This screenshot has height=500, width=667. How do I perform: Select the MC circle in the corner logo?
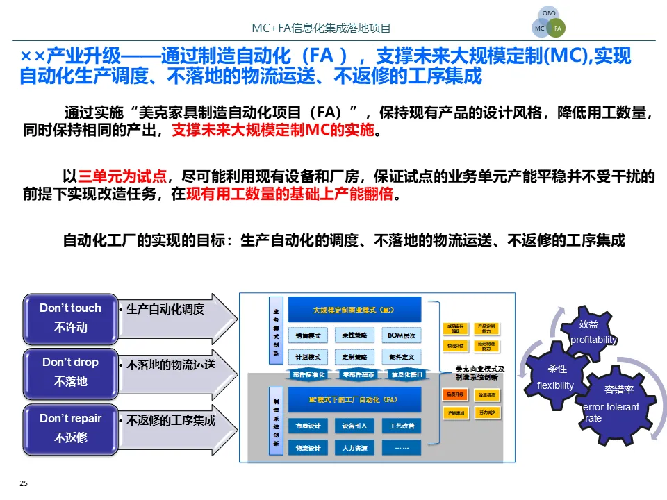point(540,28)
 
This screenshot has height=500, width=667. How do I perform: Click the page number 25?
point(24,483)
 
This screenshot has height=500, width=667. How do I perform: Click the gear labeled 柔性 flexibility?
point(557,376)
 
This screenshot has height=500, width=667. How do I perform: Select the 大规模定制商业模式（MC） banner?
point(354,310)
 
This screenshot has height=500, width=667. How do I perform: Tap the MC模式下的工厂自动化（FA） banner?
point(354,400)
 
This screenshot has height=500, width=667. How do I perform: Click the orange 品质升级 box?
point(455,394)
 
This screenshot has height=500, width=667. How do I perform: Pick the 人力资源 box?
point(354,448)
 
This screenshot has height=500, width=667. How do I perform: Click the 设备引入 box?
point(354,426)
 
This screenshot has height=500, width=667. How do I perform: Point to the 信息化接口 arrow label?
point(407,374)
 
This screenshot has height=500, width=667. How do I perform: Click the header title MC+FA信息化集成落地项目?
point(321,28)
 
